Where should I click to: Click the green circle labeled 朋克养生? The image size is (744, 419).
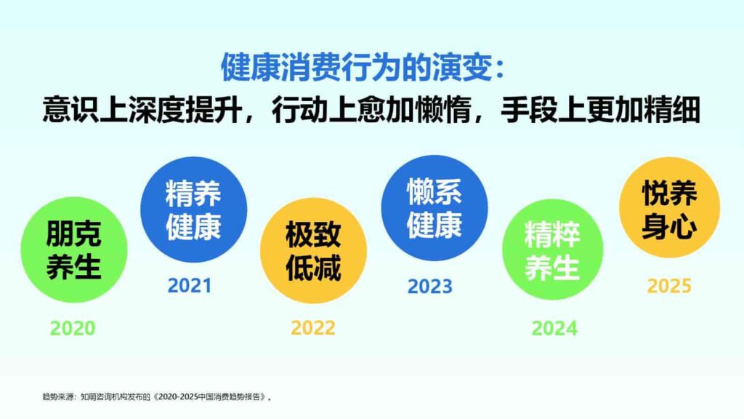click(73, 250)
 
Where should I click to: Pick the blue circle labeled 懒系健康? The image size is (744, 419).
click(434, 209)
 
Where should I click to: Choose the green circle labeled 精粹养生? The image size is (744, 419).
click(553, 250)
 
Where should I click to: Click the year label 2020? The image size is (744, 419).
click(73, 328)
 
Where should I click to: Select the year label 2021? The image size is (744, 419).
click(190, 285)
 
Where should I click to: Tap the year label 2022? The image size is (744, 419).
click(313, 328)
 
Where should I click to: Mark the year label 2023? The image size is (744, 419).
click(429, 286)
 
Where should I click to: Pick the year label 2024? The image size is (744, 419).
click(554, 328)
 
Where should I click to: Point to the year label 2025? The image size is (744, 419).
click(669, 285)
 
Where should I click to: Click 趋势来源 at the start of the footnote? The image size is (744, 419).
click(54, 397)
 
